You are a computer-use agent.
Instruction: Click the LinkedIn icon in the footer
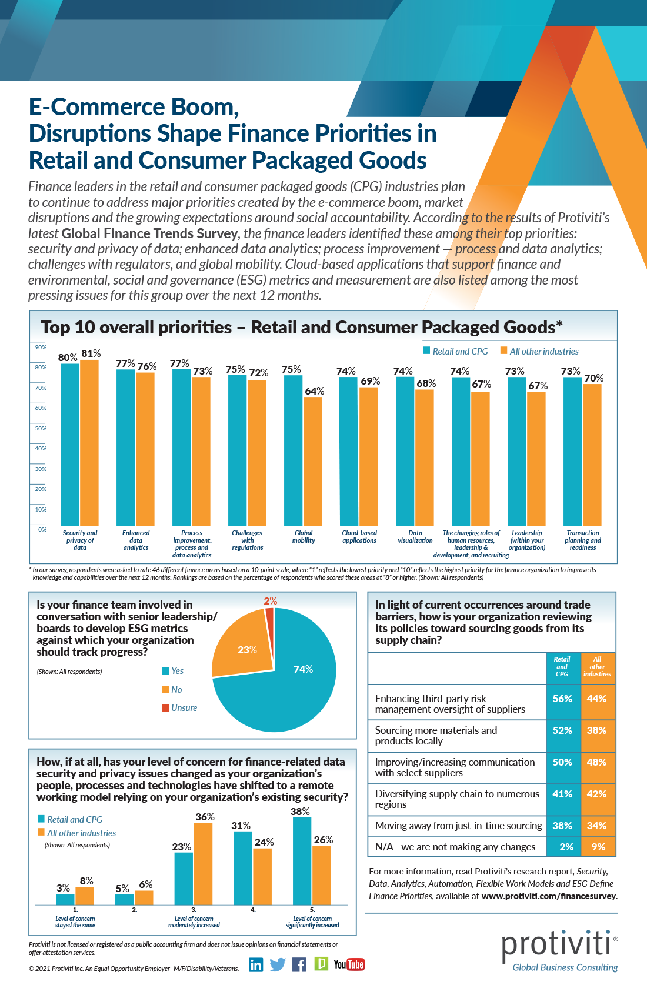pyautogui.click(x=256, y=964)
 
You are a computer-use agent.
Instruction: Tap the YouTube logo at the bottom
pyautogui.click(x=349, y=964)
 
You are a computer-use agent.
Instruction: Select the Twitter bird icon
pyautogui.click(x=278, y=964)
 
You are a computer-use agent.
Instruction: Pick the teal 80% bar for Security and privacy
pyautogui.click(x=70, y=444)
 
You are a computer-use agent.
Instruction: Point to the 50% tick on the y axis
pyautogui.click(x=41, y=429)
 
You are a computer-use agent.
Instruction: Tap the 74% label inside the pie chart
pyautogui.click(x=303, y=669)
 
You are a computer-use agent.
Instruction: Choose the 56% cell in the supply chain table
pyautogui.click(x=563, y=699)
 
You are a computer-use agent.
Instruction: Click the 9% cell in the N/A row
pyautogui.click(x=598, y=847)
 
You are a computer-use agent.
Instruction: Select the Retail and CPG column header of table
pyautogui.click(x=562, y=667)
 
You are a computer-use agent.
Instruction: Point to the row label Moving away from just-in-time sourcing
pyautogui.click(x=458, y=826)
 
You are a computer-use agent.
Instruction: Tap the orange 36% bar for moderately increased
pyautogui.click(x=203, y=863)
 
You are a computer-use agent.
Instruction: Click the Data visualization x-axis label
pyautogui.click(x=415, y=536)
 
